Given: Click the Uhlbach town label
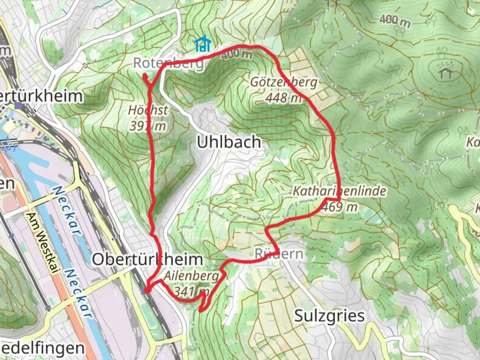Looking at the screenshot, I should [229, 142].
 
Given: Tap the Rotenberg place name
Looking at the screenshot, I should [168, 63].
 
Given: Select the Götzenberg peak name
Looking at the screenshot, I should [284, 82].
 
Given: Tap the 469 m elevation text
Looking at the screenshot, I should [340, 207].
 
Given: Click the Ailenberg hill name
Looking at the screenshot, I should [191, 276].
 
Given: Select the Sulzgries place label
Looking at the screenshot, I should [329, 315].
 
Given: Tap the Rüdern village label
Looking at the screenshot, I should [279, 254].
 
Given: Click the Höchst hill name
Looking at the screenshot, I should [148, 110].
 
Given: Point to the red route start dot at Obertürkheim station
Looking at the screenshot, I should [146, 291].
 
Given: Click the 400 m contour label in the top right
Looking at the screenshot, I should [394, 21].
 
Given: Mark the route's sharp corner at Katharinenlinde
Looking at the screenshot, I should [339, 200].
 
